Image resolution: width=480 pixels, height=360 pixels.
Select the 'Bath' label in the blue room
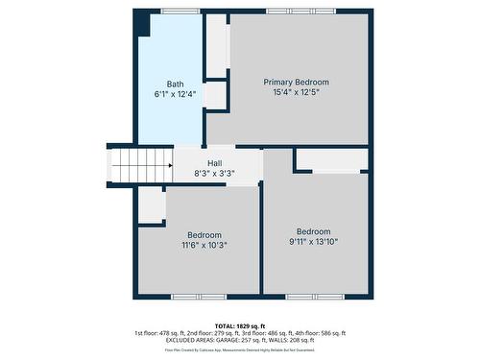175,84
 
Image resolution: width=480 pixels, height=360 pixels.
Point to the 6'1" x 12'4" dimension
175,94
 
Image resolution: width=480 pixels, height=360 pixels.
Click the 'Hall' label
214,163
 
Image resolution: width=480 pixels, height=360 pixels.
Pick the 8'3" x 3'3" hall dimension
214,174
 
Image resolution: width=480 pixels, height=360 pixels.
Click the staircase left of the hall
140,165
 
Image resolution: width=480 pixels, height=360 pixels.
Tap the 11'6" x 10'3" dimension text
204,246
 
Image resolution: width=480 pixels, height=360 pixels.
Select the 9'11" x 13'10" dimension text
313,242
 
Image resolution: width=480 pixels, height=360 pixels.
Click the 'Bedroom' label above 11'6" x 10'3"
204,235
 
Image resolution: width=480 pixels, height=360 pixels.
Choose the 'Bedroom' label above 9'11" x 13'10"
313,231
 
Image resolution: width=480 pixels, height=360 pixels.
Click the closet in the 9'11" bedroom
331,160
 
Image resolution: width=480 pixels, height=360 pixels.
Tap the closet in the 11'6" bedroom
152,205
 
